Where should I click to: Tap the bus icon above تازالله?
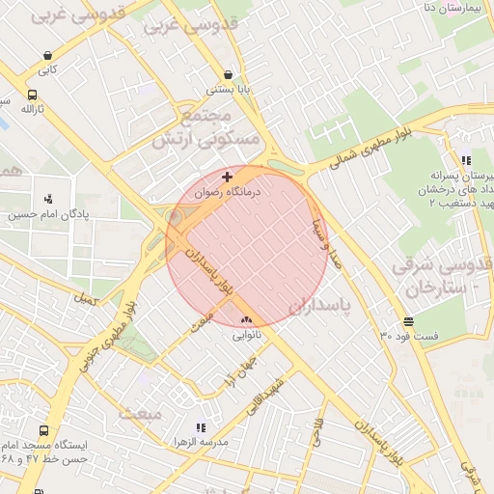point(33,96)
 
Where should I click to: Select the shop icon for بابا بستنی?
point(228,74)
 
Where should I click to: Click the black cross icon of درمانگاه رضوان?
point(227,177)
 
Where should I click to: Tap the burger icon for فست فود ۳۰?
point(409,321)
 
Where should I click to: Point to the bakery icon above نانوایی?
point(245,320)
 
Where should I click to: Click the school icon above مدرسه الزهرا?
point(201,426)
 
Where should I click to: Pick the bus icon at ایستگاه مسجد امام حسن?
point(43,431)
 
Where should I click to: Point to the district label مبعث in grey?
point(140,412)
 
